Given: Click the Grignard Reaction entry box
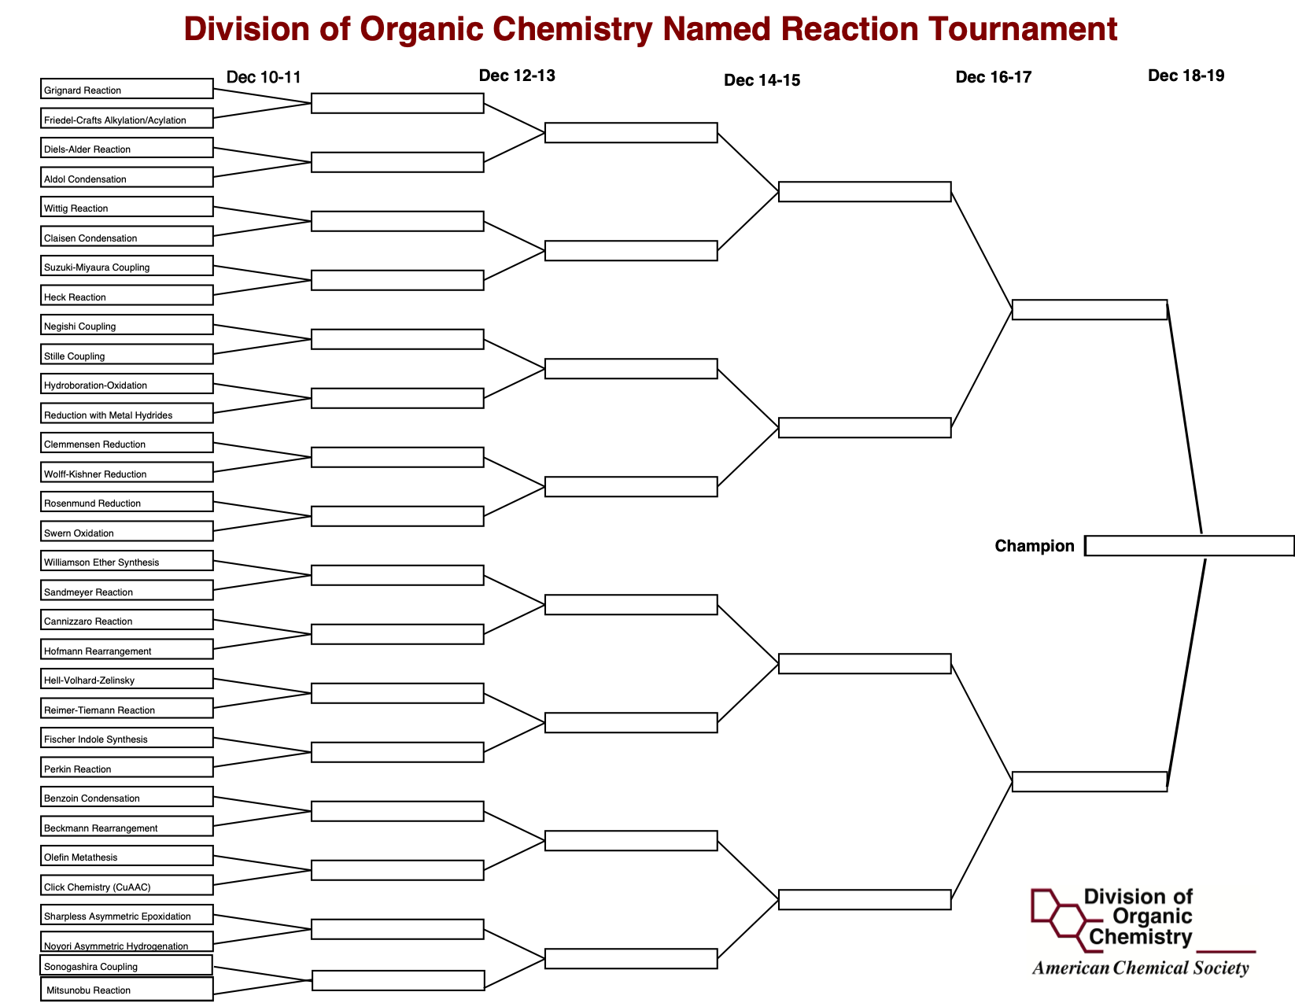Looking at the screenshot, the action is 127,88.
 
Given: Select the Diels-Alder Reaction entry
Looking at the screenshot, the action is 127,148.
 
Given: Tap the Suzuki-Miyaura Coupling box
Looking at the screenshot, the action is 127,266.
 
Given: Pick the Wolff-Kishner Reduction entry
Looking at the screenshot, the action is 127,472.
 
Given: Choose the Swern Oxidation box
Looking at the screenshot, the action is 127,531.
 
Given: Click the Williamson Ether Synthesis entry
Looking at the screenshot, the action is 127,560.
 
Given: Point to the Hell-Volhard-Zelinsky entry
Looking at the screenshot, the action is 127,678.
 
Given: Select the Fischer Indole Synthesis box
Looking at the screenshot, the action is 127,737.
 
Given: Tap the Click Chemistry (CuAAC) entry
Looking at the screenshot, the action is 127,885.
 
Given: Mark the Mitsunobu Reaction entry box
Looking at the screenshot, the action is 127,989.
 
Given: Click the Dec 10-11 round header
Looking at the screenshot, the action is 264,77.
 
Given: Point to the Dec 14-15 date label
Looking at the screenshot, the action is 762,80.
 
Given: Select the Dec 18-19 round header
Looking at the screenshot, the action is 1186,76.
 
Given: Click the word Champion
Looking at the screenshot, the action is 1035,546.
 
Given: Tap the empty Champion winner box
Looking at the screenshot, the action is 1189,546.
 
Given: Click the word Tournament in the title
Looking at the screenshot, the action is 1023,28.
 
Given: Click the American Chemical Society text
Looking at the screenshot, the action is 1141,968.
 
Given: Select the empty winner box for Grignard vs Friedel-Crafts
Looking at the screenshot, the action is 397,103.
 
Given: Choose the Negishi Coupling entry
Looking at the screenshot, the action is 127,325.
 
